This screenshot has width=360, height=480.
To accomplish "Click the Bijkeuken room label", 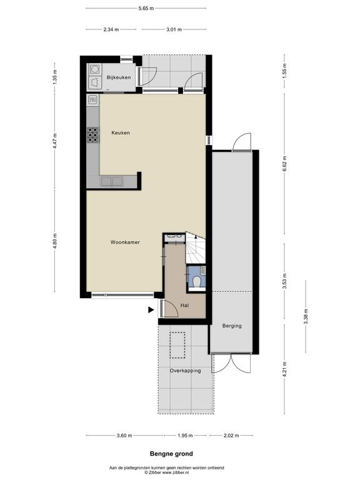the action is (x=119, y=77).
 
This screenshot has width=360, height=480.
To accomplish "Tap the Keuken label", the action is (x=121, y=133).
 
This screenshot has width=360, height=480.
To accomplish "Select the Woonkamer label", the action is (x=125, y=242).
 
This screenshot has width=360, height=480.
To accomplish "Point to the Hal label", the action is (x=184, y=306).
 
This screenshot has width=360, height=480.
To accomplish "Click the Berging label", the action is (x=232, y=326).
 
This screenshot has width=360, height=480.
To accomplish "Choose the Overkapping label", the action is (x=185, y=371).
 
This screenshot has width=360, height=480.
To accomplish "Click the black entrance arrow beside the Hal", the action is (x=151, y=310).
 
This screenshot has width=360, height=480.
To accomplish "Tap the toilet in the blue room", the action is (x=197, y=282).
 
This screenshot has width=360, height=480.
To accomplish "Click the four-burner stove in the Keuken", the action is (x=93, y=135).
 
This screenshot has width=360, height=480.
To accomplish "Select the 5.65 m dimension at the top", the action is (x=146, y=9).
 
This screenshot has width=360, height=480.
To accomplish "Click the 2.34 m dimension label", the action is (x=111, y=30).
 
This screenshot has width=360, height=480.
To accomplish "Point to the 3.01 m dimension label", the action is (x=174, y=30).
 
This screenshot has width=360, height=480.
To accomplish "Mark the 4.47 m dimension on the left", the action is (x=55, y=141).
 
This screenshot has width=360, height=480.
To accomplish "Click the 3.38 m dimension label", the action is (x=305, y=316).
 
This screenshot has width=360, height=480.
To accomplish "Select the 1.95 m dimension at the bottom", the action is (x=185, y=436).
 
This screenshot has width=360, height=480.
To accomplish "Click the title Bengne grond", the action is (x=171, y=454).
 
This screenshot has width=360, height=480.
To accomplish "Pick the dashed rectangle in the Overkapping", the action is (x=177, y=345).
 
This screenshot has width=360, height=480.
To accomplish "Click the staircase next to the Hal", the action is (x=195, y=248).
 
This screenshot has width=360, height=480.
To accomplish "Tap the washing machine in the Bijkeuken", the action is (x=94, y=69).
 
